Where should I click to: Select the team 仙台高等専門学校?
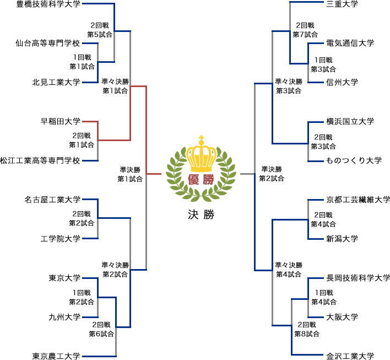(48, 43)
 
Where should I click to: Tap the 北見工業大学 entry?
(56, 82)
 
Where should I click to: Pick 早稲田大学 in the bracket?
(60, 121)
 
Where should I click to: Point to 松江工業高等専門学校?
(40, 160)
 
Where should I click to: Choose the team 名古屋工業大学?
(52, 199)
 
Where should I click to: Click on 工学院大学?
(60, 239)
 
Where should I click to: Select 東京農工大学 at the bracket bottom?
(56, 356)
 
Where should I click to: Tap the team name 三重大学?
(342, 4)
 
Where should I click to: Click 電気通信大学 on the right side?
(350, 43)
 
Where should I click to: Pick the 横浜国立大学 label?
(350, 121)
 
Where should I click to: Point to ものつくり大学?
(354, 160)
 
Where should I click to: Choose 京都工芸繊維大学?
(357, 199)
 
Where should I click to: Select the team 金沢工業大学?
(350, 356)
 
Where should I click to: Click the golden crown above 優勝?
(201, 155)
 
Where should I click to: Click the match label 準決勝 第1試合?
(130, 174)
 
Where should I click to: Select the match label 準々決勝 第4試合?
(288, 270)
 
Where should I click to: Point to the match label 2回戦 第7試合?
(305, 30)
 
